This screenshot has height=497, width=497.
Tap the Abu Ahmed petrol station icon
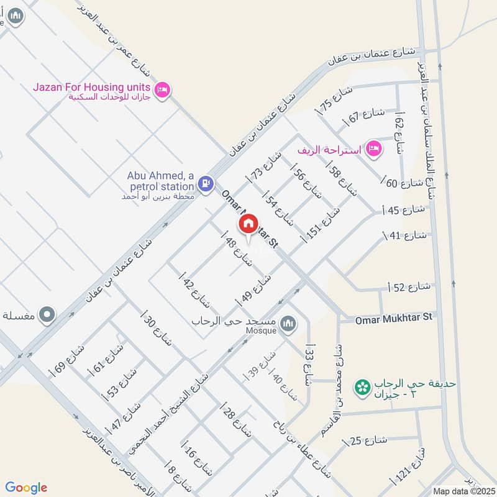[x=205, y=184]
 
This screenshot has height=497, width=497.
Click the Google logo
[x=26, y=488]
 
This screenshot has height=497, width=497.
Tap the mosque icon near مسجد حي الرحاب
[x=288, y=323]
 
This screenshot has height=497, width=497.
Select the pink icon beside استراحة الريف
[x=373, y=148]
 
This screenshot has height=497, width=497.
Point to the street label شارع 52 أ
[x=409, y=286]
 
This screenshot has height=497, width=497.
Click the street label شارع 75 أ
[x=335, y=100]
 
